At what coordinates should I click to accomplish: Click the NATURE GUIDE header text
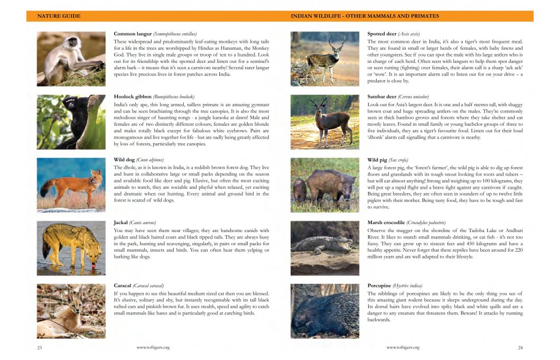[59, 16]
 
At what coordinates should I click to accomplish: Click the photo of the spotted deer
[324, 59]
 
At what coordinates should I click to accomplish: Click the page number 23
[40, 347]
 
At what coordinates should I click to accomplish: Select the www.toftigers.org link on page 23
[153, 347]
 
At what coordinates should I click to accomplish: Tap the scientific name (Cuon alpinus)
[150, 160]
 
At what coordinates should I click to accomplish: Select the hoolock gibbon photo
[71, 122]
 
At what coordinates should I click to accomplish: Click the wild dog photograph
[71, 184]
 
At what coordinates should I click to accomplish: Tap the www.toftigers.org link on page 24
[403, 347]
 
